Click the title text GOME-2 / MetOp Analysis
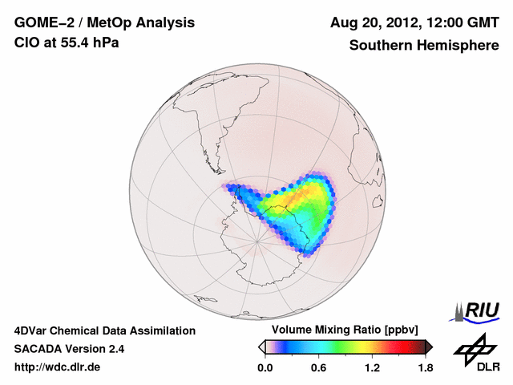coord(103,23)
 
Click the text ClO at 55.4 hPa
coord(67,43)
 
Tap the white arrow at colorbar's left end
coord(261,346)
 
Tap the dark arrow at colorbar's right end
coord(429,346)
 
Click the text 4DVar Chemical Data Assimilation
coord(104,330)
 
